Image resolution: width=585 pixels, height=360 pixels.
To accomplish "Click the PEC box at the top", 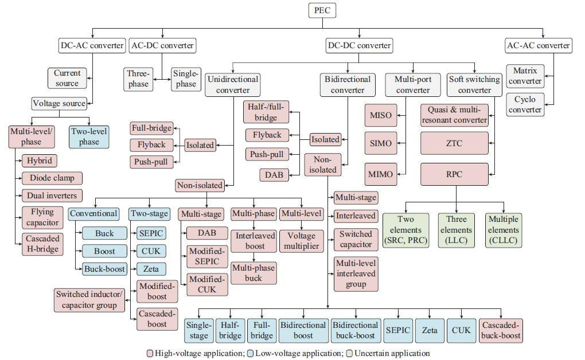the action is (322, 10).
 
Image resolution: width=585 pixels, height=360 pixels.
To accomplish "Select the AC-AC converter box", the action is (538, 45).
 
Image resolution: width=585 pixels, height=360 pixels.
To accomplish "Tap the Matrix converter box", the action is (525, 76).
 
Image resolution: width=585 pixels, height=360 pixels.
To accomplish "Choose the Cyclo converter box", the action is (525, 104).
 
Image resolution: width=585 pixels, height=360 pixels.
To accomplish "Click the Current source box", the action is (67, 78).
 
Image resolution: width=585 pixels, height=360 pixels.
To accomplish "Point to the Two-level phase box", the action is (89, 136).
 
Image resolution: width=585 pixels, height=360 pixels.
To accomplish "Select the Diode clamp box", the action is (52, 178).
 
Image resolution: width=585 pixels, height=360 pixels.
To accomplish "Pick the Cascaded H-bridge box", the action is (42, 244).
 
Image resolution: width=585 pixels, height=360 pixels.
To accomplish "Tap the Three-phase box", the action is (138, 79).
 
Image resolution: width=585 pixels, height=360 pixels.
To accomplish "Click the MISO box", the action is (381, 115).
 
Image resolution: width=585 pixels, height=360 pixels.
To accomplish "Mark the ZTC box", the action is (454, 143).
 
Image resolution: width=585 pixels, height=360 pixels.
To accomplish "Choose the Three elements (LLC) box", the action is (456, 230).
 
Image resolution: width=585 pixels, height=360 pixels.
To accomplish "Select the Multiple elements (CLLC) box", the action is (504, 230).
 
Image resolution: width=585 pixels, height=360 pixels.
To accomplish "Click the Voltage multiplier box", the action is (302, 241).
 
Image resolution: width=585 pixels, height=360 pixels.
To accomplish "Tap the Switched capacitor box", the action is (356, 239).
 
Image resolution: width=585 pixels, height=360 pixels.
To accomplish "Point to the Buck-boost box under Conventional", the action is (104, 269).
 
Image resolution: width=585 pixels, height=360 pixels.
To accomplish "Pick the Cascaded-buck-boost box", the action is (500, 330).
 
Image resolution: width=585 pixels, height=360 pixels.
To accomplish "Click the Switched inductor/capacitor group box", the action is (89, 300).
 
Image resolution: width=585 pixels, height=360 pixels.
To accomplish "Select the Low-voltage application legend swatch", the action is (251, 353).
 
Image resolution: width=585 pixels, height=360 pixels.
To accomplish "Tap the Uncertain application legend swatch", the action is (349, 353).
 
